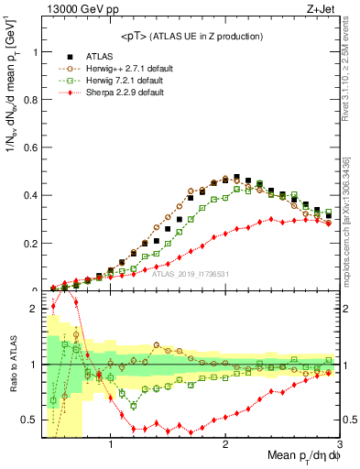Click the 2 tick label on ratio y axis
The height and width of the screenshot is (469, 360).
coord(34,310)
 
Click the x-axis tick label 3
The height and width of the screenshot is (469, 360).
coord(338,444)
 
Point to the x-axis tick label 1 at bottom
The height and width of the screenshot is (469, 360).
coord(111,444)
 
